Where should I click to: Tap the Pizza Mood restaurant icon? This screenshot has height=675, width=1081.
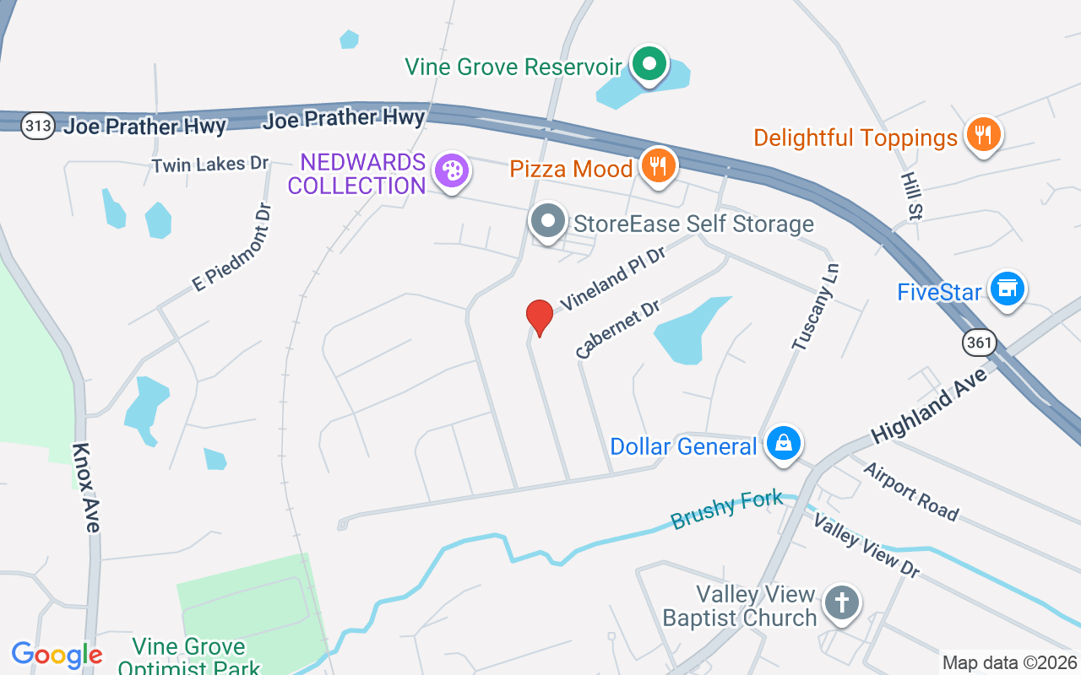tap(657, 164)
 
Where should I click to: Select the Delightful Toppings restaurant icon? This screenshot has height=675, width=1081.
tap(982, 134)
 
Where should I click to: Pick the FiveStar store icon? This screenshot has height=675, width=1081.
tap(1007, 289)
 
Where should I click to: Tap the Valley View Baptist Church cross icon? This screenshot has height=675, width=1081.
tap(841, 603)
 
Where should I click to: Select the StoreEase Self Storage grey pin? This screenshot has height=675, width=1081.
tap(548, 222)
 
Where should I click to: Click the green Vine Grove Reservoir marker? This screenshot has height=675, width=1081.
tap(649, 64)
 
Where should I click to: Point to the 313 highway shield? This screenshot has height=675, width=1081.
tap(39, 127)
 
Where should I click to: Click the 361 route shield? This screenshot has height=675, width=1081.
tap(980, 343)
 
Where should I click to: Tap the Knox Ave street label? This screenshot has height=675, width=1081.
tap(86, 488)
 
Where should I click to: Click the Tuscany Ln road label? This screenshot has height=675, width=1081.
tap(817, 305)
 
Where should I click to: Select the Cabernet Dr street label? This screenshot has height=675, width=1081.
tap(617, 329)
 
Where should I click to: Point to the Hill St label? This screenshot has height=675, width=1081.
tap(910, 196)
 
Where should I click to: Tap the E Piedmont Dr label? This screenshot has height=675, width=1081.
tap(233, 247)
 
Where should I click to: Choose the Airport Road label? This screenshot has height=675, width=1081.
tap(911, 492)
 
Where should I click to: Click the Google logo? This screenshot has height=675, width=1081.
tap(57, 655)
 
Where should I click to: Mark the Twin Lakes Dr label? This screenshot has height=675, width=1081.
tap(210, 165)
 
